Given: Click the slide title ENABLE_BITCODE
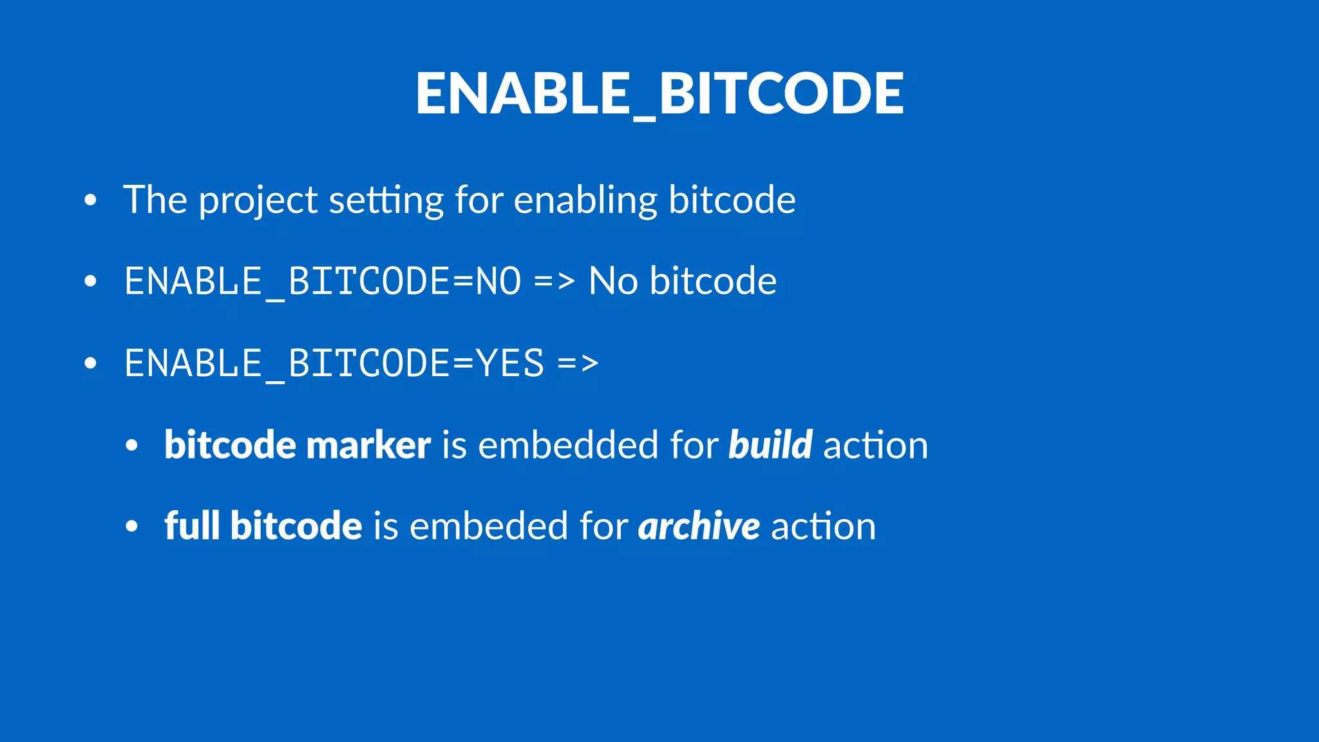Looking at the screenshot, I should pos(659,93).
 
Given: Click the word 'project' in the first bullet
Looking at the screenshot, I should pos(258,201).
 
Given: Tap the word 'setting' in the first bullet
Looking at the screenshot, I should pos(386,201).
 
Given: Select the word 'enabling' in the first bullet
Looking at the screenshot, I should pos(585,201).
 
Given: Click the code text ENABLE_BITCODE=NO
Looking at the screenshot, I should pos(322,281).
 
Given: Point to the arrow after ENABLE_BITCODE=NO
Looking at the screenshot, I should pos(554,281).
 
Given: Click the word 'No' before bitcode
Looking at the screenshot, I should pos(612,281).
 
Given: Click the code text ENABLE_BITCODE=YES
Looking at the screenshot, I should pos(334,363).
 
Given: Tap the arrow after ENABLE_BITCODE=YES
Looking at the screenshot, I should pos(578,363).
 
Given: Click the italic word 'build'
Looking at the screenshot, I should pos(770,445).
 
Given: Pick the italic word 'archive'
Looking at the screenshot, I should pos(699,527).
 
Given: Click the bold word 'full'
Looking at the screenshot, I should pos(191,526).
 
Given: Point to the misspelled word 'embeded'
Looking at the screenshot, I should pos(488,526).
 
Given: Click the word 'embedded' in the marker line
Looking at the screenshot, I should pos(567,445).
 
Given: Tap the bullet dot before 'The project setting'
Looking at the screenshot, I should pos(90,200).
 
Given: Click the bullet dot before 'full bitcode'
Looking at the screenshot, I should pos(132,526).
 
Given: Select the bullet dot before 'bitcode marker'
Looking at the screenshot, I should pos(132,445).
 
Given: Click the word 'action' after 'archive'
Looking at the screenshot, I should pos(823,526).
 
